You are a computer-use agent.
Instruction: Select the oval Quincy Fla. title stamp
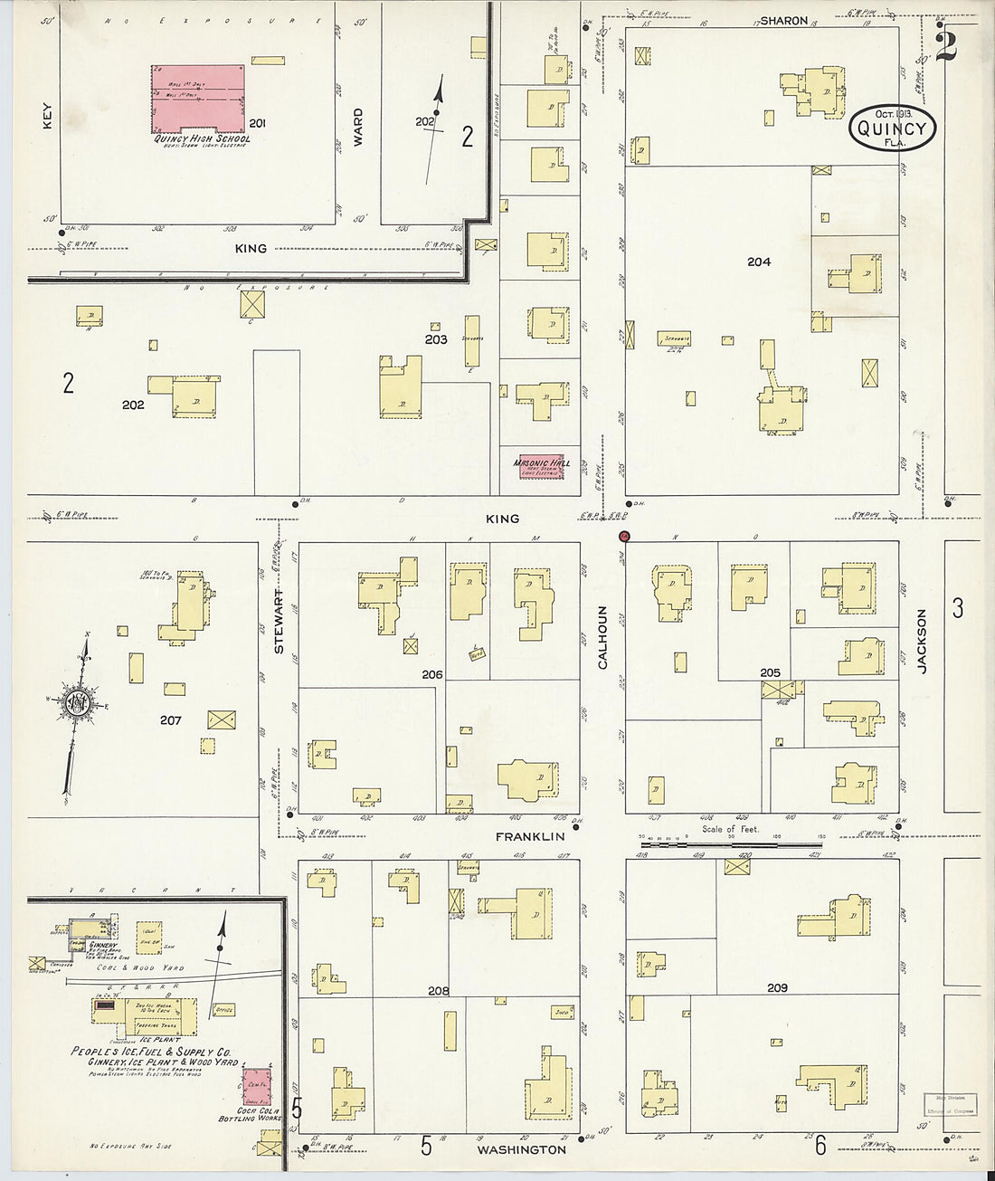coord(894,129)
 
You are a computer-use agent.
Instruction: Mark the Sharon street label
coord(783,20)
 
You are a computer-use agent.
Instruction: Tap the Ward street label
coord(359,121)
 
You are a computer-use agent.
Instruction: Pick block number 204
coord(758,262)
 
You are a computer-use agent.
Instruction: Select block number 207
coord(171,721)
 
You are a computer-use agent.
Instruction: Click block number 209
coord(776,988)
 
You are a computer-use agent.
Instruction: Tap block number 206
coord(431,674)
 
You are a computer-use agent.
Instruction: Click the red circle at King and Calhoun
coord(623,536)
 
